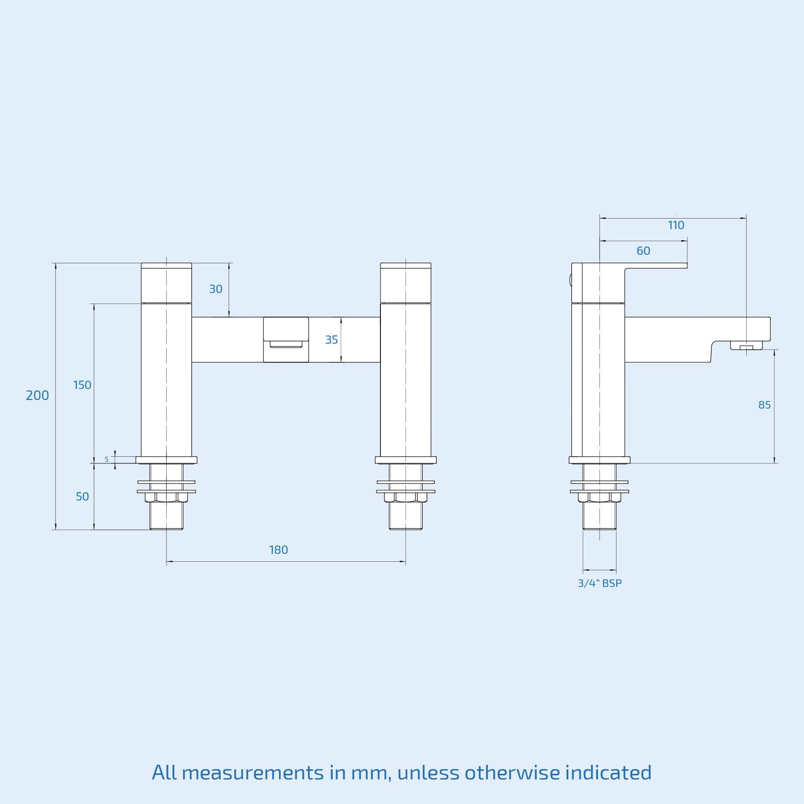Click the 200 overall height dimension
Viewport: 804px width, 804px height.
click(x=37, y=396)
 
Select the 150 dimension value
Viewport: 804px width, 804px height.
click(x=82, y=385)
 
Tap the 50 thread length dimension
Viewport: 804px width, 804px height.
click(x=82, y=497)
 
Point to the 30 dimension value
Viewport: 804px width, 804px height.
click(x=216, y=289)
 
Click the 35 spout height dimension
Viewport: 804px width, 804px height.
click(x=332, y=340)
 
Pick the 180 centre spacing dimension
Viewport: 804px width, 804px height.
click(x=278, y=550)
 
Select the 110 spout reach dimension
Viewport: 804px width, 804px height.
click(x=676, y=226)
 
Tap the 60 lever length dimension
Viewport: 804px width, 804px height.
click(x=643, y=251)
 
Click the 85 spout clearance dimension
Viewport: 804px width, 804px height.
click(x=764, y=405)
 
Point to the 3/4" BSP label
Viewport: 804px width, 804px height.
click(x=599, y=583)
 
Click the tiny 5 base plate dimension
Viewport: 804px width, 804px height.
click(x=107, y=459)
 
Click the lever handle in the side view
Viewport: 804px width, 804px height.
click(x=656, y=265)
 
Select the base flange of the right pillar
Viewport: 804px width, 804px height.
click(x=406, y=460)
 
